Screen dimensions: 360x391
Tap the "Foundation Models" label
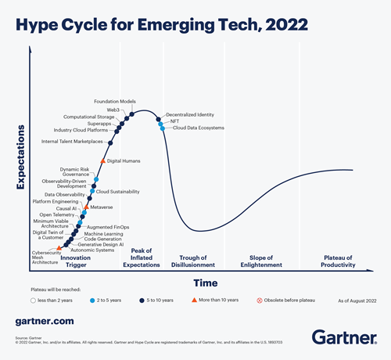(x=115, y=102)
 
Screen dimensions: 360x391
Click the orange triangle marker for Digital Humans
(x=102, y=160)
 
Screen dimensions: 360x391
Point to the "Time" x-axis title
(x=205, y=283)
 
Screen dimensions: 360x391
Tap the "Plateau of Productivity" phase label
(x=325, y=261)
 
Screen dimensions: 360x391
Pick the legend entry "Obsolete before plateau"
(x=292, y=300)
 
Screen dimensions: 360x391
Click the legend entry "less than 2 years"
(x=54, y=300)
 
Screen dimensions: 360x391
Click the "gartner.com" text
(x=45, y=321)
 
